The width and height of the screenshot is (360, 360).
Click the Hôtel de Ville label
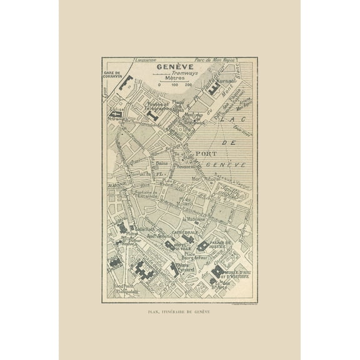[x=186, y=246]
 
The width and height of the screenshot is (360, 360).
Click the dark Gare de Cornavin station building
[x=126, y=82]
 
